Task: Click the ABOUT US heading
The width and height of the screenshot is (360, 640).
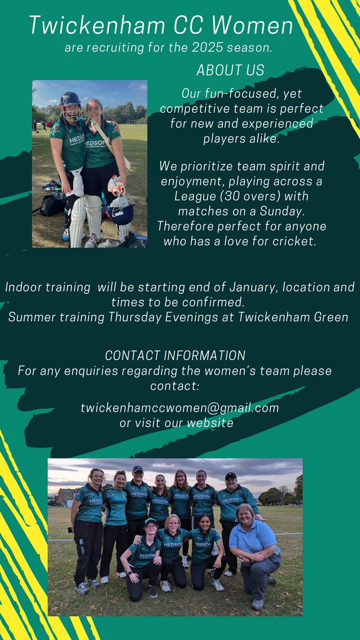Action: [230, 70]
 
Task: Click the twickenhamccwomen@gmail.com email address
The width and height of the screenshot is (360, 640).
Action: [180, 408]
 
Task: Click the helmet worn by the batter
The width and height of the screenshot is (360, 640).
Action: [70, 100]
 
